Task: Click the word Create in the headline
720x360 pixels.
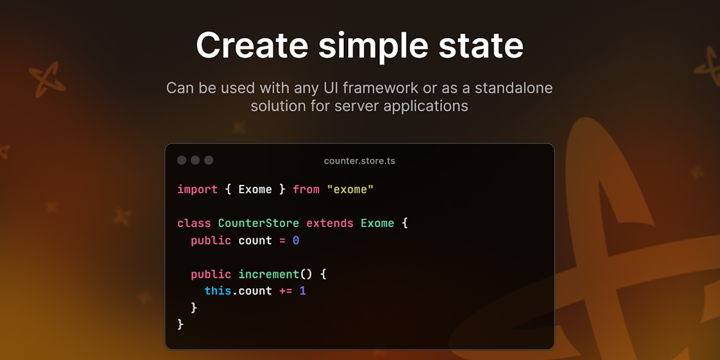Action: click(x=252, y=44)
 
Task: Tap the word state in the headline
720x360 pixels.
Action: click(x=481, y=45)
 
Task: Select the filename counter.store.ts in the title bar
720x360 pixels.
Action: click(x=359, y=161)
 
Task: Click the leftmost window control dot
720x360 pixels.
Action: click(x=182, y=160)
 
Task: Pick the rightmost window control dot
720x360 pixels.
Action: click(x=209, y=160)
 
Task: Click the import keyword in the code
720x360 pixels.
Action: click(x=198, y=189)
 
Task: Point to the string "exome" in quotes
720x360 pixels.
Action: click(x=350, y=189)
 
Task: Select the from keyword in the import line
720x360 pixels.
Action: click(x=306, y=189)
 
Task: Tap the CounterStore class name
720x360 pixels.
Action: click(x=259, y=223)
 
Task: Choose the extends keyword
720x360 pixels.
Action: click(x=330, y=223)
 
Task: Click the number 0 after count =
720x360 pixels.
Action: click(x=296, y=240)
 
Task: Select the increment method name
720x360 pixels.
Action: click(x=269, y=274)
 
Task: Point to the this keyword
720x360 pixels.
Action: click(x=218, y=291)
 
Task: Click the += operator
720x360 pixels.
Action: click(x=285, y=291)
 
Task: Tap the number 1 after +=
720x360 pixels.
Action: click(x=302, y=291)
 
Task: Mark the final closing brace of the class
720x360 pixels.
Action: click(x=181, y=325)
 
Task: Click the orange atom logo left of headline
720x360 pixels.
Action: click(x=47, y=79)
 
